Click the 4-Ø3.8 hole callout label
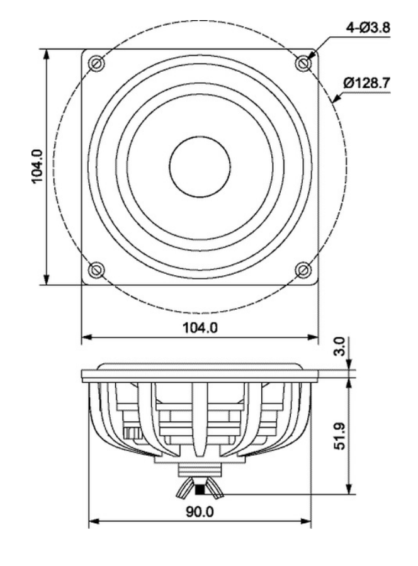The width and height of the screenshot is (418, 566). point(368,28)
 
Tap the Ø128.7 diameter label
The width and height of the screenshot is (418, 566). point(367,83)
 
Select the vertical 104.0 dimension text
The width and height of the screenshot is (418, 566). point(38,167)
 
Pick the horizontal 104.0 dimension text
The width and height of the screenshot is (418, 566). point(200,328)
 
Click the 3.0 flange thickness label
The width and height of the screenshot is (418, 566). point(341,346)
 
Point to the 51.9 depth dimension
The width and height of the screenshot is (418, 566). point(340,436)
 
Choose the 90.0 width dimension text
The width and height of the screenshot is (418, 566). point(200,511)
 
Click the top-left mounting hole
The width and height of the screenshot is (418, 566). point(96,64)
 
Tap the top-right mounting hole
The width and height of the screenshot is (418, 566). point(303,64)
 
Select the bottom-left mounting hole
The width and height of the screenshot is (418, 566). point(96,269)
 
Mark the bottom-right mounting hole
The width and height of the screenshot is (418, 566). point(303,269)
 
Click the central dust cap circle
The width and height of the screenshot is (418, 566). point(200,167)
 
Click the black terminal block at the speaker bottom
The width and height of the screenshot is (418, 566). point(200,490)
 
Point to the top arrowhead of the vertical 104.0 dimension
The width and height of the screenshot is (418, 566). point(46,54)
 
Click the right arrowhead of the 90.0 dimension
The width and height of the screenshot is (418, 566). point(306,521)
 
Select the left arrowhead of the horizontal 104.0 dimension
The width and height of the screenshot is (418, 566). point(87,337)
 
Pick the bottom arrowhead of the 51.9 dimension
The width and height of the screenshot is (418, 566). point(349,489)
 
